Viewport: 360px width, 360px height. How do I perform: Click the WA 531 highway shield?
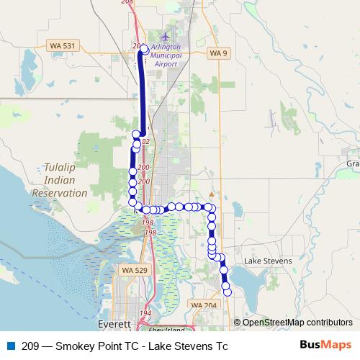click(63, 45)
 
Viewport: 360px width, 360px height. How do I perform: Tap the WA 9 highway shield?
click(217, 53)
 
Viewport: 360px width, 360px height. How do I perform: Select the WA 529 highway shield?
click(125, 270)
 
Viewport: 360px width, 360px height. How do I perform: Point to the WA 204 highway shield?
click(204, 306)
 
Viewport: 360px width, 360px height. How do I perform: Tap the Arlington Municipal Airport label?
click(168, 55)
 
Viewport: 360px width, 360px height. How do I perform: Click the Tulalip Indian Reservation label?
click(60, 179)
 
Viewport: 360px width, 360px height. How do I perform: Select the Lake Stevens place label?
click(268, 261)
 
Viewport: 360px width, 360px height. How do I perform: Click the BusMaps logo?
click(325, 346)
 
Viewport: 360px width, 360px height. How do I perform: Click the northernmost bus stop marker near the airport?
click(144, 48)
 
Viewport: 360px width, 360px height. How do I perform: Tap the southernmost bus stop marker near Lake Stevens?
click(228, 292)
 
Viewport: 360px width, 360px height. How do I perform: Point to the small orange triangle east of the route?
click(211, 194)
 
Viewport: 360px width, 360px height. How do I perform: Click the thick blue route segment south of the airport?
click(142, 94)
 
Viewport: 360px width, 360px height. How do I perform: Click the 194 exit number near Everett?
click(145, 313)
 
